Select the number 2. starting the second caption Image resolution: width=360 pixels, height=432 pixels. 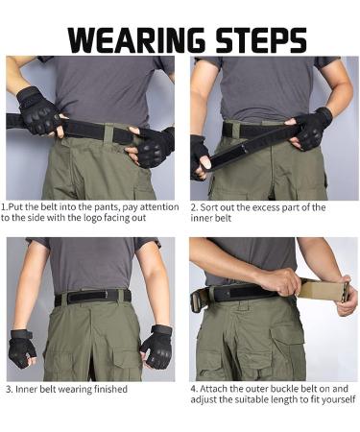coord(194,206)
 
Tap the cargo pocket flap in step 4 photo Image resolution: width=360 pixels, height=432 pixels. coord(288,331)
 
